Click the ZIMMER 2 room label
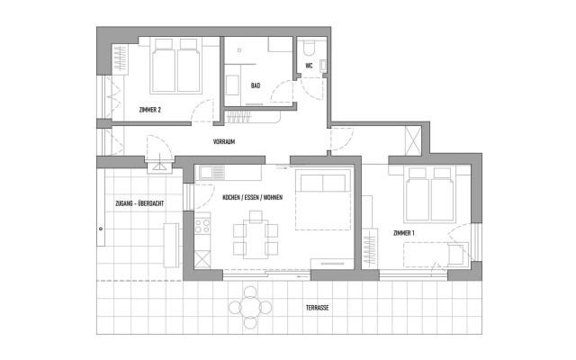[x=149, y=110]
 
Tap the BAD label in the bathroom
[x=256, y=86]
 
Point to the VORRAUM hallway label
[x=224, y=142]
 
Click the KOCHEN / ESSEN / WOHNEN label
[x=234, y=197]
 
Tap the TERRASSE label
[x=316, y=308]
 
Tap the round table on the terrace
[x=251, y=307]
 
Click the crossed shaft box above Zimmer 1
[x=415, y=141]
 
